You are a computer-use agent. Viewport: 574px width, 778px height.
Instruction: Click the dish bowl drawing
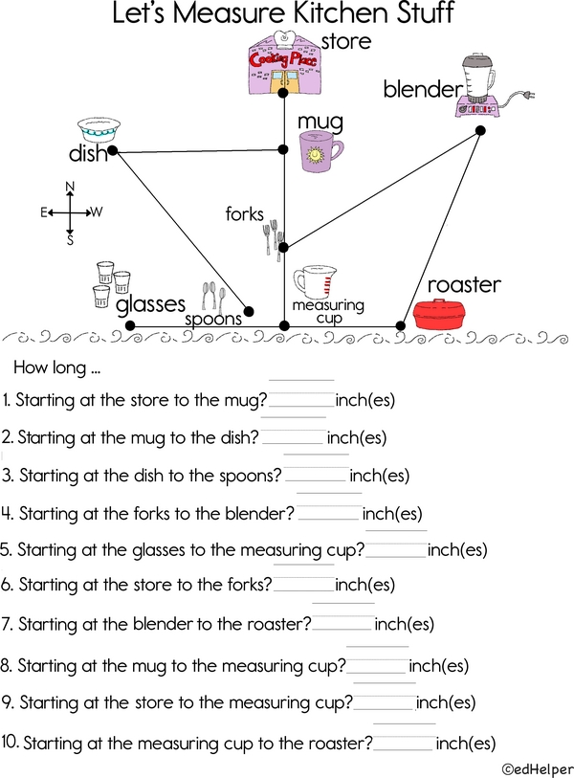(x=99, y=130)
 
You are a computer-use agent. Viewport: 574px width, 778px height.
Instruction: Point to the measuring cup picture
(x=315, y=283)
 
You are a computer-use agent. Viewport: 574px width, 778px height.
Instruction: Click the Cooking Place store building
(x=284, y=62)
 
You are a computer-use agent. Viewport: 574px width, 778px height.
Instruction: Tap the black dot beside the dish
(x=113, y=150)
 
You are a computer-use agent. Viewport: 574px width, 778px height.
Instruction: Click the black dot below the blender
(x=480, y=130)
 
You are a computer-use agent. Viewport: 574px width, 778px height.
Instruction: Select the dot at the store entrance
(x=283, y=93)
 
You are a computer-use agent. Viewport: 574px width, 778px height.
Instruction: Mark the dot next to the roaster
(x=400, y=326)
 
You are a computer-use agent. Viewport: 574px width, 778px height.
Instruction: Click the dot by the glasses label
(x=130, y=325)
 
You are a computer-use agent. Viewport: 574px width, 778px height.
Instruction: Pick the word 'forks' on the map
(x=245, y=214)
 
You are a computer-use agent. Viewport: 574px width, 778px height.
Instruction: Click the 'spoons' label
(x=213, y=319)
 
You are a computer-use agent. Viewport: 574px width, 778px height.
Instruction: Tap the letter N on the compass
(x=70, y=187)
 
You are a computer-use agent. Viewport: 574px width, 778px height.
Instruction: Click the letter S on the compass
(x=70, y=240)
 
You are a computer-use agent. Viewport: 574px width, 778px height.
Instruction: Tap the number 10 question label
(x=10, y=742)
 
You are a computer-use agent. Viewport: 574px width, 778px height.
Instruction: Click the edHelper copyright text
(x=538, y=769)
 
